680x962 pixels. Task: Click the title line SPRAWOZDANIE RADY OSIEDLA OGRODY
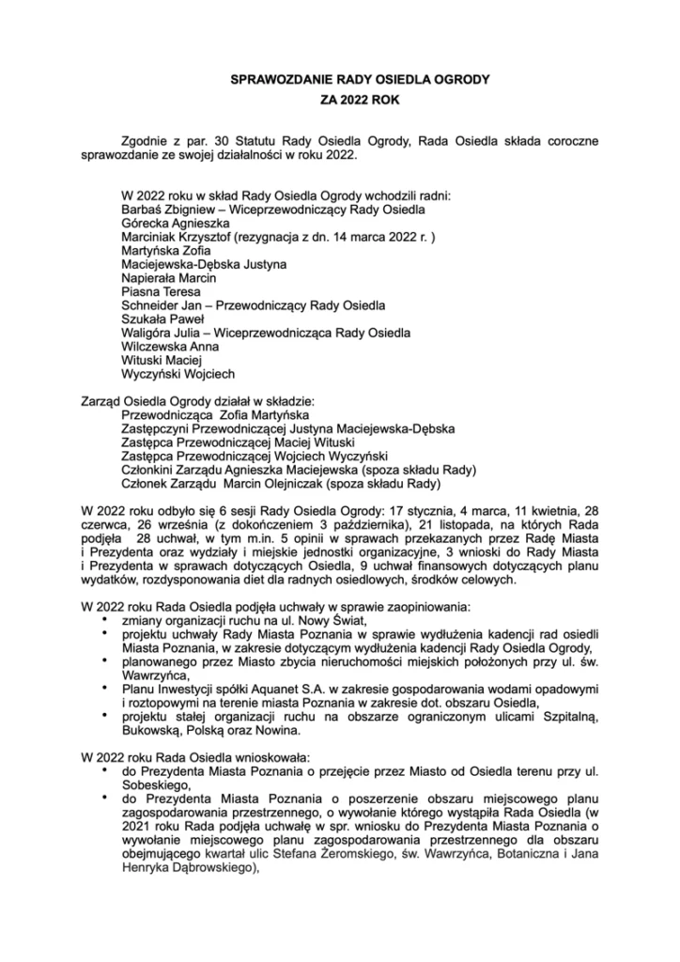(341, 83)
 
